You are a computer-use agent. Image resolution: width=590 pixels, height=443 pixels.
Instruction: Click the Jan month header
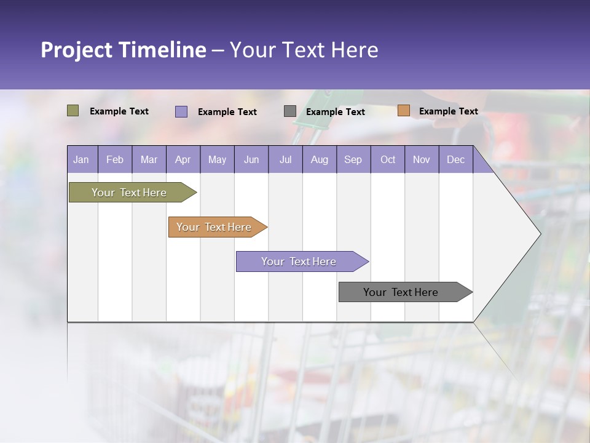(x=82, y=159)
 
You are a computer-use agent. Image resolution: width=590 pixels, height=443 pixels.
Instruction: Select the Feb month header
(x=115, y=159)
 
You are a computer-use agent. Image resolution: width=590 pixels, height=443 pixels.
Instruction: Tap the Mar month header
(x=149, y=159)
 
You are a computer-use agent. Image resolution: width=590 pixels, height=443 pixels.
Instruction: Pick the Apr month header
(x=183, y=159)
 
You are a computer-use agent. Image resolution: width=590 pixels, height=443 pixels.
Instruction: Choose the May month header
(x=217, y=159)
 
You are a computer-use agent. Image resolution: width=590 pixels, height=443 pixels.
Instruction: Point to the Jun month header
(x=251, y=159)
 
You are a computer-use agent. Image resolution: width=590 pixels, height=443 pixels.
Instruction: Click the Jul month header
(x=285, y=159)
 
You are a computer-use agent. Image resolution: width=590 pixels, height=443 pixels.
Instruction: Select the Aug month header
(x=320, y=159)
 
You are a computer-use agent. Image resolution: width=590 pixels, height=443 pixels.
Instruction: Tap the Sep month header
(x=353, y=159)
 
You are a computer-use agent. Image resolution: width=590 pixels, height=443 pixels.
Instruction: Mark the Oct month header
(x=388, y=159)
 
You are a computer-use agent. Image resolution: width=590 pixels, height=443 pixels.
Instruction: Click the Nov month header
(x=422, y=159)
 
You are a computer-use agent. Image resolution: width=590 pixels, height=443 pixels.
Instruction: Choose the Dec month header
(x=456, y=159)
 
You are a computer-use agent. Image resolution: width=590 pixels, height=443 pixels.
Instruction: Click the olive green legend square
(x=73, y=111)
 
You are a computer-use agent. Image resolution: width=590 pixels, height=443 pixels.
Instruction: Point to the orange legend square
(x=404, y=111)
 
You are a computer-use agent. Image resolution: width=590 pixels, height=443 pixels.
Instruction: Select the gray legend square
(x=290, y=111)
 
